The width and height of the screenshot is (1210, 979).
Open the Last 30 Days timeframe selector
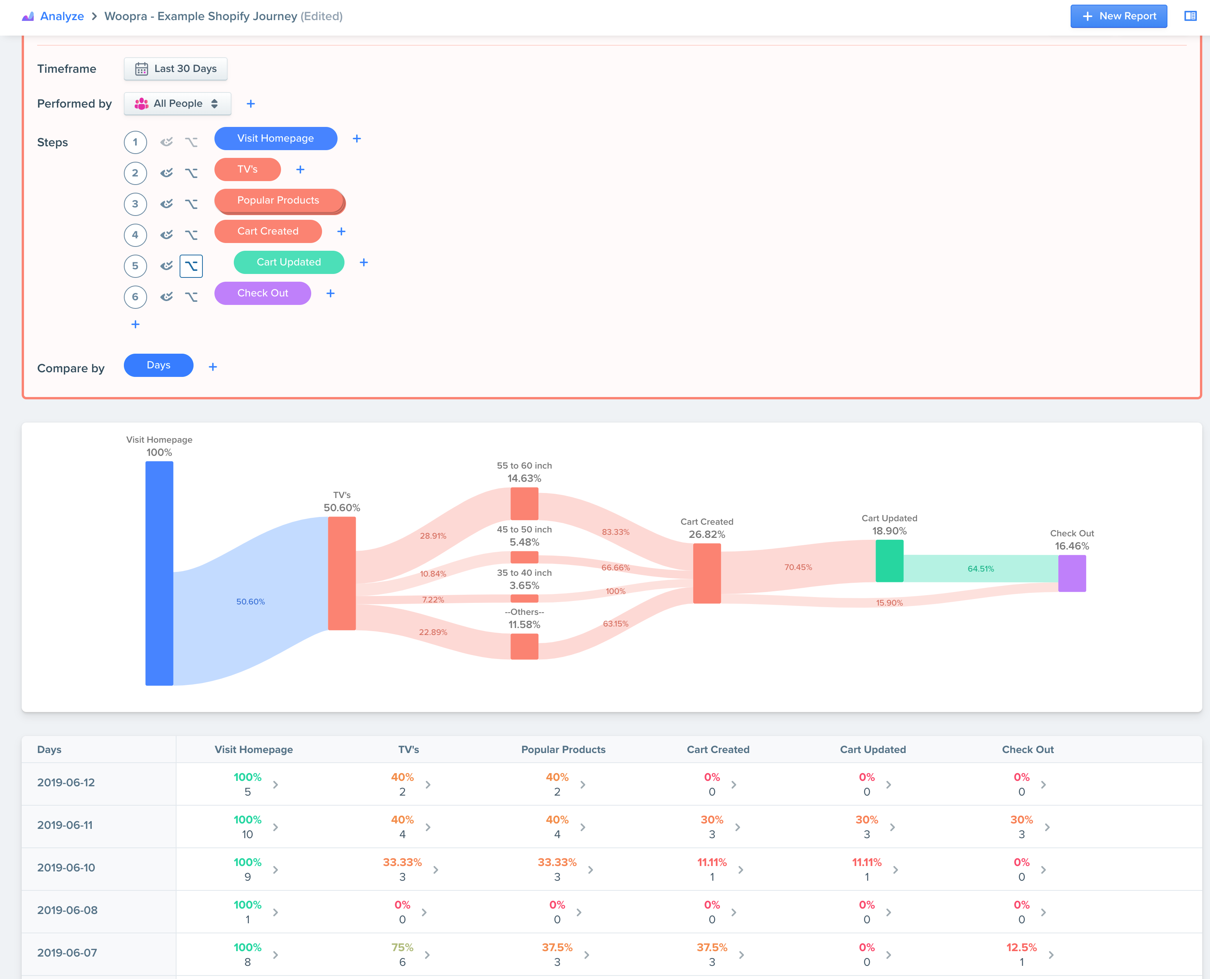pyautogui.click(x=175, y=69)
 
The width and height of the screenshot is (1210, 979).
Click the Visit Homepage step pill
pyautogui.click(x=275, y=138)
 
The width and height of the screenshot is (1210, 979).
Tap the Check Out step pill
pyautogui.click(x=262, y=293)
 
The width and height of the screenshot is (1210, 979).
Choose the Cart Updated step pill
pyautogui.click(x=288, y=262)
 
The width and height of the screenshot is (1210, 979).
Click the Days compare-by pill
pyautogui.click(x=159, y=365)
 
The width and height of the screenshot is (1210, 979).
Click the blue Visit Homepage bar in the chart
pyautogui.click(x=159, y=573)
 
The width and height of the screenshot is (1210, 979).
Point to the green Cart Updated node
pyautogui.click(x=889, y=561)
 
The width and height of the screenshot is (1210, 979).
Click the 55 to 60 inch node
pyautogui.click(x=524, y=503)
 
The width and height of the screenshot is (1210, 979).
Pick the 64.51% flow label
pyautogui.click(x=980, y=568)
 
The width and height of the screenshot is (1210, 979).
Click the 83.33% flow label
pyautogui.click(x=615, y=532)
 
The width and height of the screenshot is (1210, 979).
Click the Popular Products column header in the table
pyautogui.click(x=563, y=750)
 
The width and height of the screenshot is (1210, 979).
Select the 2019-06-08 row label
pyautogui.click(x=67, y=910)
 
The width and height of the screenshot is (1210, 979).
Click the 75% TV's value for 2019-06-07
pyautogui.click(x=402, y=947)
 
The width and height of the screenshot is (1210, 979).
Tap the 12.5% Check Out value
pyautogui.click(x=1021, y=947)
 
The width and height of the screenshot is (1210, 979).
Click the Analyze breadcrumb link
pyautogui.click(x=62, y=16)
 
